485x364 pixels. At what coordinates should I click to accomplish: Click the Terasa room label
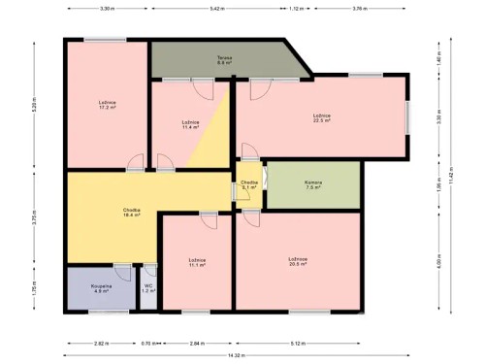coord(224,60)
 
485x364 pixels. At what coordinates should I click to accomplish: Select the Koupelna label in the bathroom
coord(101,288)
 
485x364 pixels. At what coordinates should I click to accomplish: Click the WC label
coord(148,288)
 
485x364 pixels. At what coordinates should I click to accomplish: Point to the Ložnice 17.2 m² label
coord(107,105)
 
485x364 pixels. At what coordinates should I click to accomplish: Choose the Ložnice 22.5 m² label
coord(322,118)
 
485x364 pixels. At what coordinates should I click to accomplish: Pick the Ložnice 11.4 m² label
coord(190,124)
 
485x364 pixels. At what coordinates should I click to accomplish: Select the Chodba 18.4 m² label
coord(131,213)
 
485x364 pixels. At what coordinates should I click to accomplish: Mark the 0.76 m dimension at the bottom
coord(145,344)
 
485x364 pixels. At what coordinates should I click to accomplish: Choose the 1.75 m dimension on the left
coord(33,288)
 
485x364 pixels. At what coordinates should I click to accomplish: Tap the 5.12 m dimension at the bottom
coord(297,344)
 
